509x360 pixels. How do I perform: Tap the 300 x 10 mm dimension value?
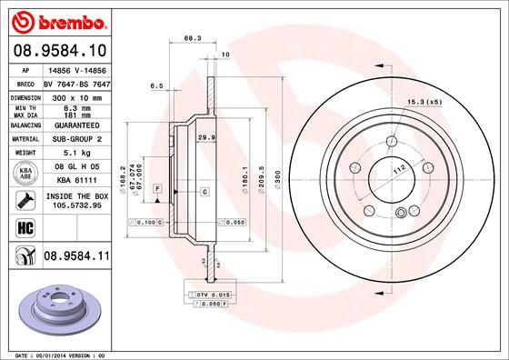click(74, 95)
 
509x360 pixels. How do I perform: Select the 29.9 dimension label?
click(205, 136)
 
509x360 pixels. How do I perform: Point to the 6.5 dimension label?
click(155, 86)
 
